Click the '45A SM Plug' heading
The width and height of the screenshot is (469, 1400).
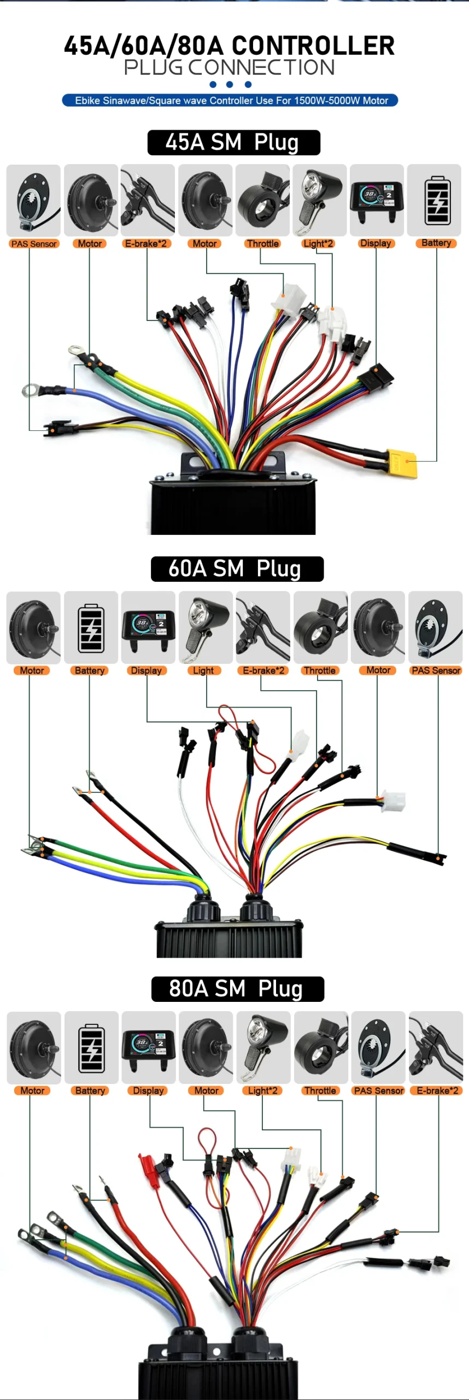(233, 143)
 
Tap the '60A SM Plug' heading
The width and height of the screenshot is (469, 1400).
(237, 569)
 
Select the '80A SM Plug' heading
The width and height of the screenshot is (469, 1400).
(237, 989)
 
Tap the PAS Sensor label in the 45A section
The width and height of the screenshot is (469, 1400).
(34, 244)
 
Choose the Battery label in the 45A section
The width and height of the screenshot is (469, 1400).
(436, 243)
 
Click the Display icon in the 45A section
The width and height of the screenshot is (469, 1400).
(377, 200)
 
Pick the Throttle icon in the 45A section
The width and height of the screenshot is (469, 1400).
(262, 200)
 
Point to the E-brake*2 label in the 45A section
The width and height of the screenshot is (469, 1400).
(146, 244)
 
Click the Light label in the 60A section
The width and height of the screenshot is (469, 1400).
(203, 670)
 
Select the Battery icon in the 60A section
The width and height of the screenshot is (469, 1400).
(91, 627)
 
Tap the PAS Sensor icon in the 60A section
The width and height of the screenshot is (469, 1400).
(435, 627)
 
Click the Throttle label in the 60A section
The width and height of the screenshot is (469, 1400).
(320, 670)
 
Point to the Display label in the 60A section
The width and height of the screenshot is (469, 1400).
(146, 670)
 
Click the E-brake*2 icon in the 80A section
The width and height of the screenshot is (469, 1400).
(436, 1047)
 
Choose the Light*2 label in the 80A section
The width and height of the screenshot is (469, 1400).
(262, 1090)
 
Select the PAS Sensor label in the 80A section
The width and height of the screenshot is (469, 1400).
(379, 1090)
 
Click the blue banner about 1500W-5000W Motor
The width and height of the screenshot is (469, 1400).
(230, 101)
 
